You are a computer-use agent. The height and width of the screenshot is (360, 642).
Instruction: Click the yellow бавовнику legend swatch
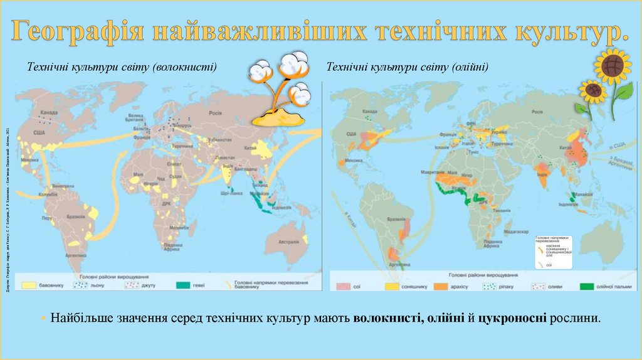(29, 285)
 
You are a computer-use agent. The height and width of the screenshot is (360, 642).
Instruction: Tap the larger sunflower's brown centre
(612, 65)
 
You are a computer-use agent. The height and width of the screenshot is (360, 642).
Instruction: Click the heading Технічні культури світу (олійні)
(408, 66)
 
